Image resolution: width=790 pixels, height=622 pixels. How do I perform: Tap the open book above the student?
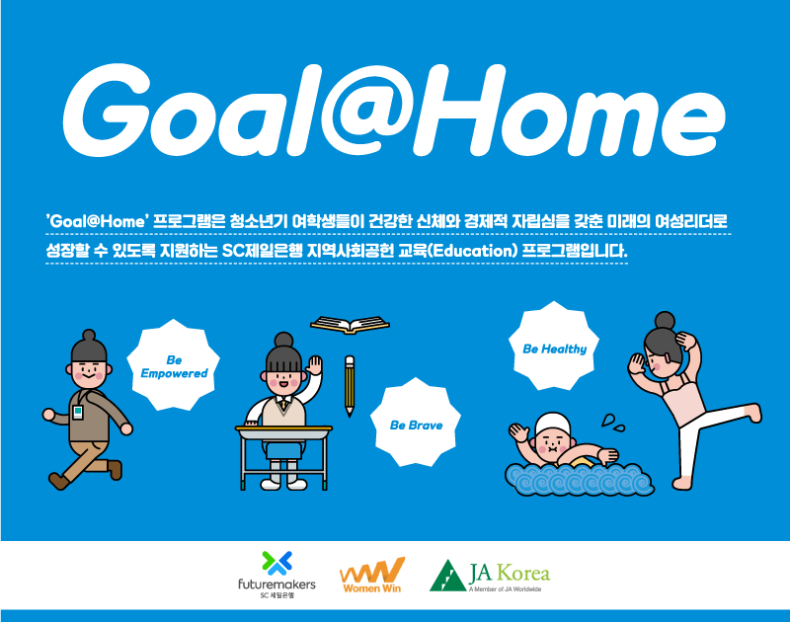click(x=350, y=325)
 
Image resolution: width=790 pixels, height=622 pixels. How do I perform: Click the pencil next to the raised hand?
click(x=350, y=386)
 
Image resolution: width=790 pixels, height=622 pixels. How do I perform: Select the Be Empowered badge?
click(x=174, y=364)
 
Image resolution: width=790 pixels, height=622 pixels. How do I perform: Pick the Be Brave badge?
click(x=416, y=423)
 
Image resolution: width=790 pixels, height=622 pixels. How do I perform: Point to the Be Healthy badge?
click(x=554, y=346)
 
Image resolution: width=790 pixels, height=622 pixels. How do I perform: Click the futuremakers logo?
click(x=276, y=576)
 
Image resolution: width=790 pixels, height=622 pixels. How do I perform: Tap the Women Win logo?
click(x=372, y=576)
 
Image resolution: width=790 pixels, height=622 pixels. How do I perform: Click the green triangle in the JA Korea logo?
click(x=447, y=576)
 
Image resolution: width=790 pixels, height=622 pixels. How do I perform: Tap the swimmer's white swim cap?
click(x=553, y=425)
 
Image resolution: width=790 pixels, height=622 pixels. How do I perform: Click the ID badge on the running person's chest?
click(x=78, y=412)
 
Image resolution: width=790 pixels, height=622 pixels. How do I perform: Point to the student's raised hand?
click(x=314, y=364)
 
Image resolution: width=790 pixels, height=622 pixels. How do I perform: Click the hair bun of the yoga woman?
click(x=665, y=320)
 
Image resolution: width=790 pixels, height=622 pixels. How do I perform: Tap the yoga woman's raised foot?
click(x=754, y=413)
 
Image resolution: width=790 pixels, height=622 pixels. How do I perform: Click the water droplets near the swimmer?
click(x=612, y=424)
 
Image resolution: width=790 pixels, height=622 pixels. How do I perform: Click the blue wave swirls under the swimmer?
click(x=580, y=480)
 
